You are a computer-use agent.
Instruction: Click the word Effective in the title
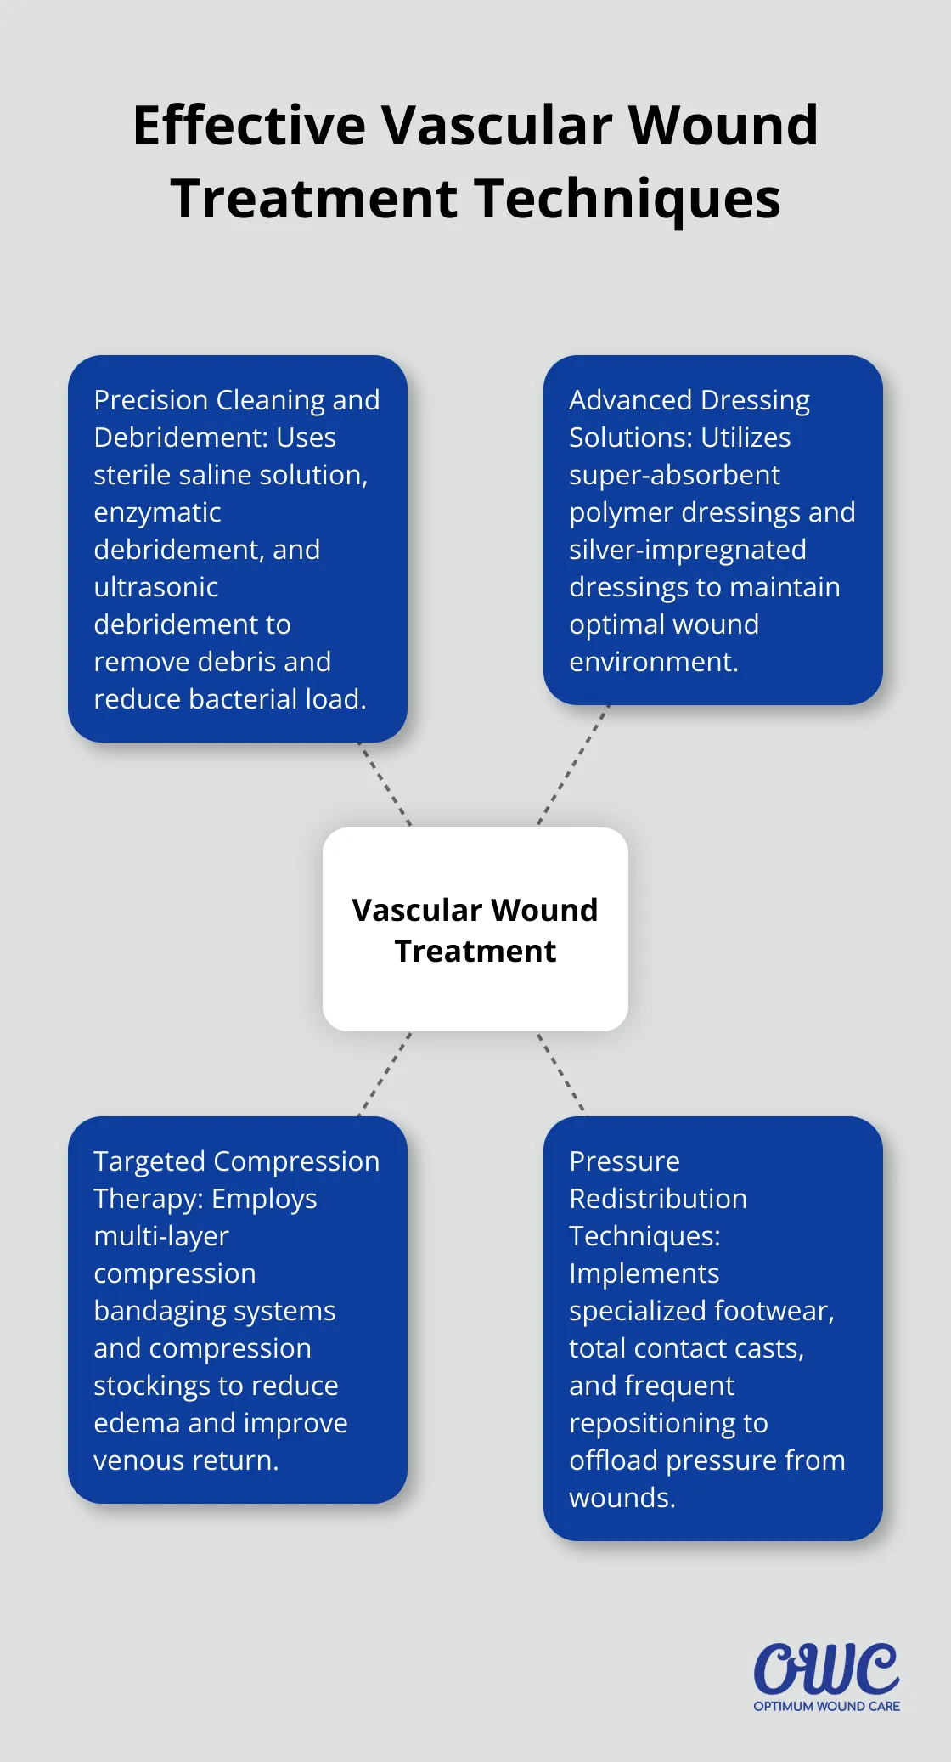249,126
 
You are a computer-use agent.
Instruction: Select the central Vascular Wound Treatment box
475,929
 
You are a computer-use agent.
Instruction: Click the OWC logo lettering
826,1669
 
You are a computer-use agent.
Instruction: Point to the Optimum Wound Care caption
826,1706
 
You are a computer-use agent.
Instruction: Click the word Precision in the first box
151,400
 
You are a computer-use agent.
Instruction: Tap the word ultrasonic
156,587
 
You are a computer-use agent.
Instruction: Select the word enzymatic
157,512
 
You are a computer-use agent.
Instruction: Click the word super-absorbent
674,475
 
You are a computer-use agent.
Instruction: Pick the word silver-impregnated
687,550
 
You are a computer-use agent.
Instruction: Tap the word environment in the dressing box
651,662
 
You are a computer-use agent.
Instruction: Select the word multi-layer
161,1236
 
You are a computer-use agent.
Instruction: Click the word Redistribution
658,1199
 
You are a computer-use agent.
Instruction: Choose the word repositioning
668,1423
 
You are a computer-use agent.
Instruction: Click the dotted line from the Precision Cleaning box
385,784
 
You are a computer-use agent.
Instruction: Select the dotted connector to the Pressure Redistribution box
561,1073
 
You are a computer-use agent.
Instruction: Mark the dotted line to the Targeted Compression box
385,1074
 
